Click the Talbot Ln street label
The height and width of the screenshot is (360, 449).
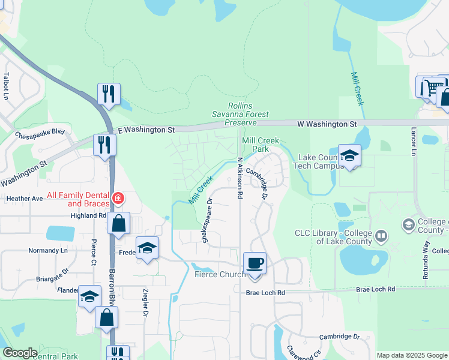pyautogui.click(x=6, y=86)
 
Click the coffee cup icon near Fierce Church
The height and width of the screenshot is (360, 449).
pyautogui.click(x=255, y=263)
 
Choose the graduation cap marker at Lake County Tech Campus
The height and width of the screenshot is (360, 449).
pyautogui.click(x=349, y=155)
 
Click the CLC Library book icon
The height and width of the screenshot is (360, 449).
pyautogui.click(x=381, y=237)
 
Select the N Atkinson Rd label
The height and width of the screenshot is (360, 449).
pyautogui.click(x=240, y=178)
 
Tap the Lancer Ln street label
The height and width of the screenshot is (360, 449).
pyautogui.click(x=414, y=141)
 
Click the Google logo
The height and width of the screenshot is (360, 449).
pyautogui.click(x=20, y=353)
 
